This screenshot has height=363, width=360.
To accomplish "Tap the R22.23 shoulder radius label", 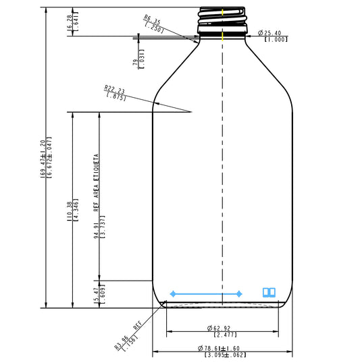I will point(115,89).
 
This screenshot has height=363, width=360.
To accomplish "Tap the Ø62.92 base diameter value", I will point(222,328).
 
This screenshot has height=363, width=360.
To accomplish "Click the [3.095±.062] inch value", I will point(223,355).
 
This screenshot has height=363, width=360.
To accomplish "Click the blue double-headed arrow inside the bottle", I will point(207,294).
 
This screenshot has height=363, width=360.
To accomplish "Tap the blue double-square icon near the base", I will point(269,292).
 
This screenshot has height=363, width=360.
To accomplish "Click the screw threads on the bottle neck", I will point(222,20).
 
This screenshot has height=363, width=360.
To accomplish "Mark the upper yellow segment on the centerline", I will point(223,11).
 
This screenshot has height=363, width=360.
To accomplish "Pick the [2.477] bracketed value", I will point(223,335).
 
